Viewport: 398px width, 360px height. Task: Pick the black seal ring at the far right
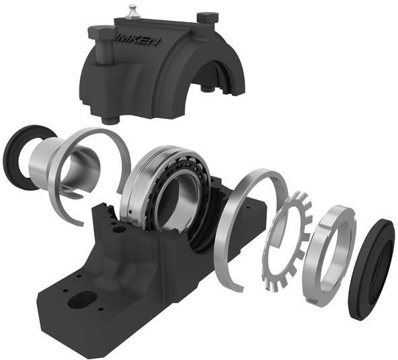(371, 269)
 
